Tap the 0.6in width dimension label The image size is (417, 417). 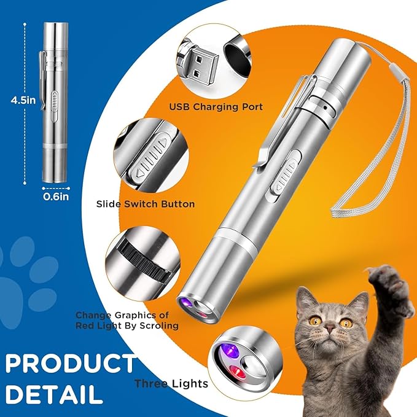point(55,198)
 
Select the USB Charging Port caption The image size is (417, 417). point(216,107)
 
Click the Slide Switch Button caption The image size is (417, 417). point(146,203)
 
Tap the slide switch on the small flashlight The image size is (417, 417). point(54,101)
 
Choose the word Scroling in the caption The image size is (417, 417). point(158,325)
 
